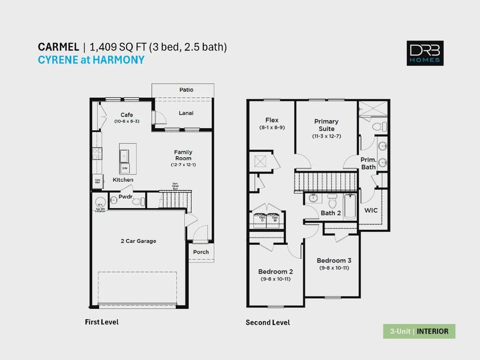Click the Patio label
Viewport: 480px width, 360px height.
tap(186, 89)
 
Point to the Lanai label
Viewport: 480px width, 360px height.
tap(186, 113)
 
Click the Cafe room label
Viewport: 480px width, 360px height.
tap(127, 115)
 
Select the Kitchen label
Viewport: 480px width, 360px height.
tap(123, 180)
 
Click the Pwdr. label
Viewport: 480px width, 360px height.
tap(125, 196)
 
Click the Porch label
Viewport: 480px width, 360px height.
tap(201, 252)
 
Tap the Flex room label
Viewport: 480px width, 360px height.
tap(272, 120)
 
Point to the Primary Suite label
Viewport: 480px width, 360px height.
tap(327, 125)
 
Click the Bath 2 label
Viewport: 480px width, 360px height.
tap(331, 213)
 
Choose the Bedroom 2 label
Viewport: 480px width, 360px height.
tap(275, 271)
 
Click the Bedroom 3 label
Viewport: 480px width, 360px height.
tap(334, 260)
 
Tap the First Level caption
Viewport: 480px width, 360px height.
tap(101, 322)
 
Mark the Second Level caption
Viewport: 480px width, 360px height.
tap(268, 323)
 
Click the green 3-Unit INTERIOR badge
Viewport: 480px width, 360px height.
tap(419, 331)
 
